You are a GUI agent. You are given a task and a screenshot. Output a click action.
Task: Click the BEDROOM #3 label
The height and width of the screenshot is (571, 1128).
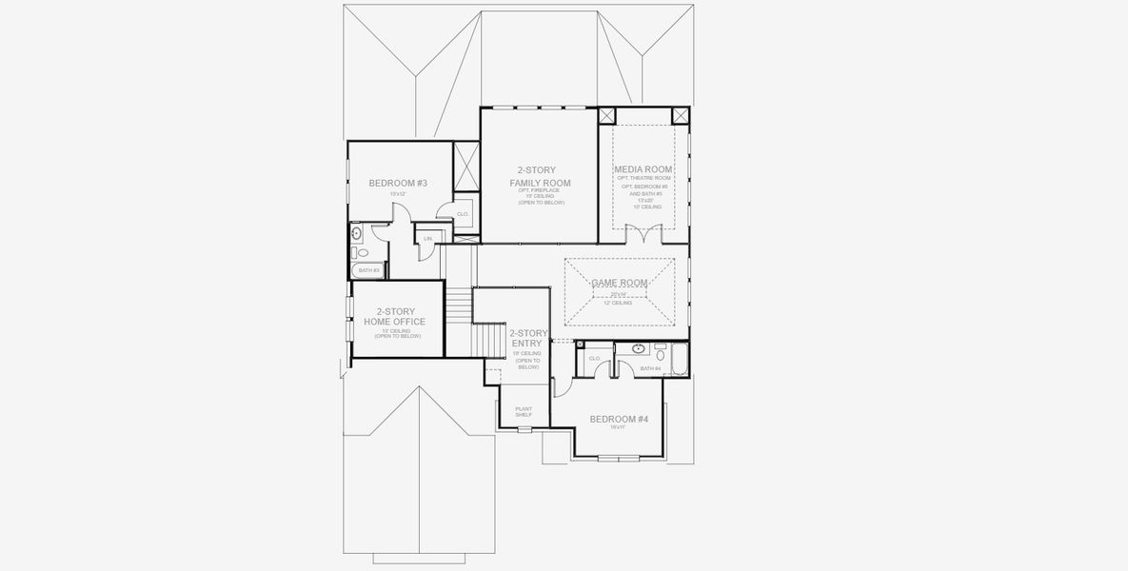click(x=398, y=183)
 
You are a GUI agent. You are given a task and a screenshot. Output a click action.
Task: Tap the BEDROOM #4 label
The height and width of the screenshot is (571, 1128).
click(x=619, y=419)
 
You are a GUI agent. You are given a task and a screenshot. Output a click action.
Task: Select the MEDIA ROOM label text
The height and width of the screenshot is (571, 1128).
click(x=643, y=169)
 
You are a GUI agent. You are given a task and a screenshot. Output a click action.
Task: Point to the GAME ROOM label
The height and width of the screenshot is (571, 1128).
click(x=619, y=283)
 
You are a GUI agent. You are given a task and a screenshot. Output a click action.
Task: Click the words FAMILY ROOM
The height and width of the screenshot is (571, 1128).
click(x=540, y=182)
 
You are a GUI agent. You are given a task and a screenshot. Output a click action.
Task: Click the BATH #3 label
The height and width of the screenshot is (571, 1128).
click(x=369, y=270)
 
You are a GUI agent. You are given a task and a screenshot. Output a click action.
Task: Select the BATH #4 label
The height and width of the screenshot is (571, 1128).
click(x=650, y=368)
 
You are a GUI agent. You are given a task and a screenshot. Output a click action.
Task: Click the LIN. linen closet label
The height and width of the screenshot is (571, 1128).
click(x=428, y=238)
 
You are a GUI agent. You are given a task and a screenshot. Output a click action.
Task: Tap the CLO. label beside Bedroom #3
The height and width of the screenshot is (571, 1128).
click(x=463, y=214)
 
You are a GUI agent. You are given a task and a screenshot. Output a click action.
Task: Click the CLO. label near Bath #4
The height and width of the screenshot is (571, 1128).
click(x=594, y=358)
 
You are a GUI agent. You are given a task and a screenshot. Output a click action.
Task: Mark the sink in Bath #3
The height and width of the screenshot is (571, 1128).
click(x=356, y=231)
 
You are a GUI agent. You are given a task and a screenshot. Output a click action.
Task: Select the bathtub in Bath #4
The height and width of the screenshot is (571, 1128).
click(x=680, y=359)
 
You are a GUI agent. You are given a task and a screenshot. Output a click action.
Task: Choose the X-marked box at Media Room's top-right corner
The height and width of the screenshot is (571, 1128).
click(x=681, y=116)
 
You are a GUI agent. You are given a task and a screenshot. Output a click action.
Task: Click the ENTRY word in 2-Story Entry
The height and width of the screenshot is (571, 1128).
click(x=525, y=344)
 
